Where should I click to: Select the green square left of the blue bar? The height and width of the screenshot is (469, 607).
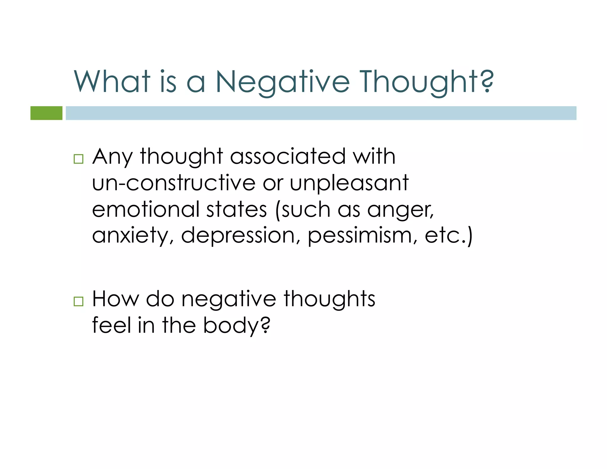coord(47,113)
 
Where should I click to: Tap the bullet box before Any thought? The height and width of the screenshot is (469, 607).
coord(79,159)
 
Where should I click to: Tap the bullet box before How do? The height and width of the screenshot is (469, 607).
coord(79,301)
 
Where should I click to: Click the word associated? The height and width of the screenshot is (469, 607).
coord(288,156)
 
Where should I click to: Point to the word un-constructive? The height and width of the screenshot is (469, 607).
coord(174,183)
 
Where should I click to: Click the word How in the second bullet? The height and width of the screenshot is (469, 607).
coord(116,299)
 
